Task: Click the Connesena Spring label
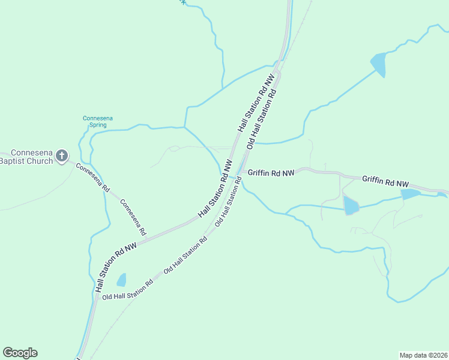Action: [97, 121]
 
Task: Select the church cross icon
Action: [61, 157]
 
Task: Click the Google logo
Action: [20, 353]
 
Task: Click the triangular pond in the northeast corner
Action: [379, 64]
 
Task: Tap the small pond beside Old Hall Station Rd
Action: [121, 280]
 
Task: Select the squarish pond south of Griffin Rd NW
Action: [351, 206]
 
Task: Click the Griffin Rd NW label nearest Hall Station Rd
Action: [271, 173]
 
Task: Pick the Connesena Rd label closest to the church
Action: [93, 178]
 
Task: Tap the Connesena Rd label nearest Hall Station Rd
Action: [134, 217]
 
